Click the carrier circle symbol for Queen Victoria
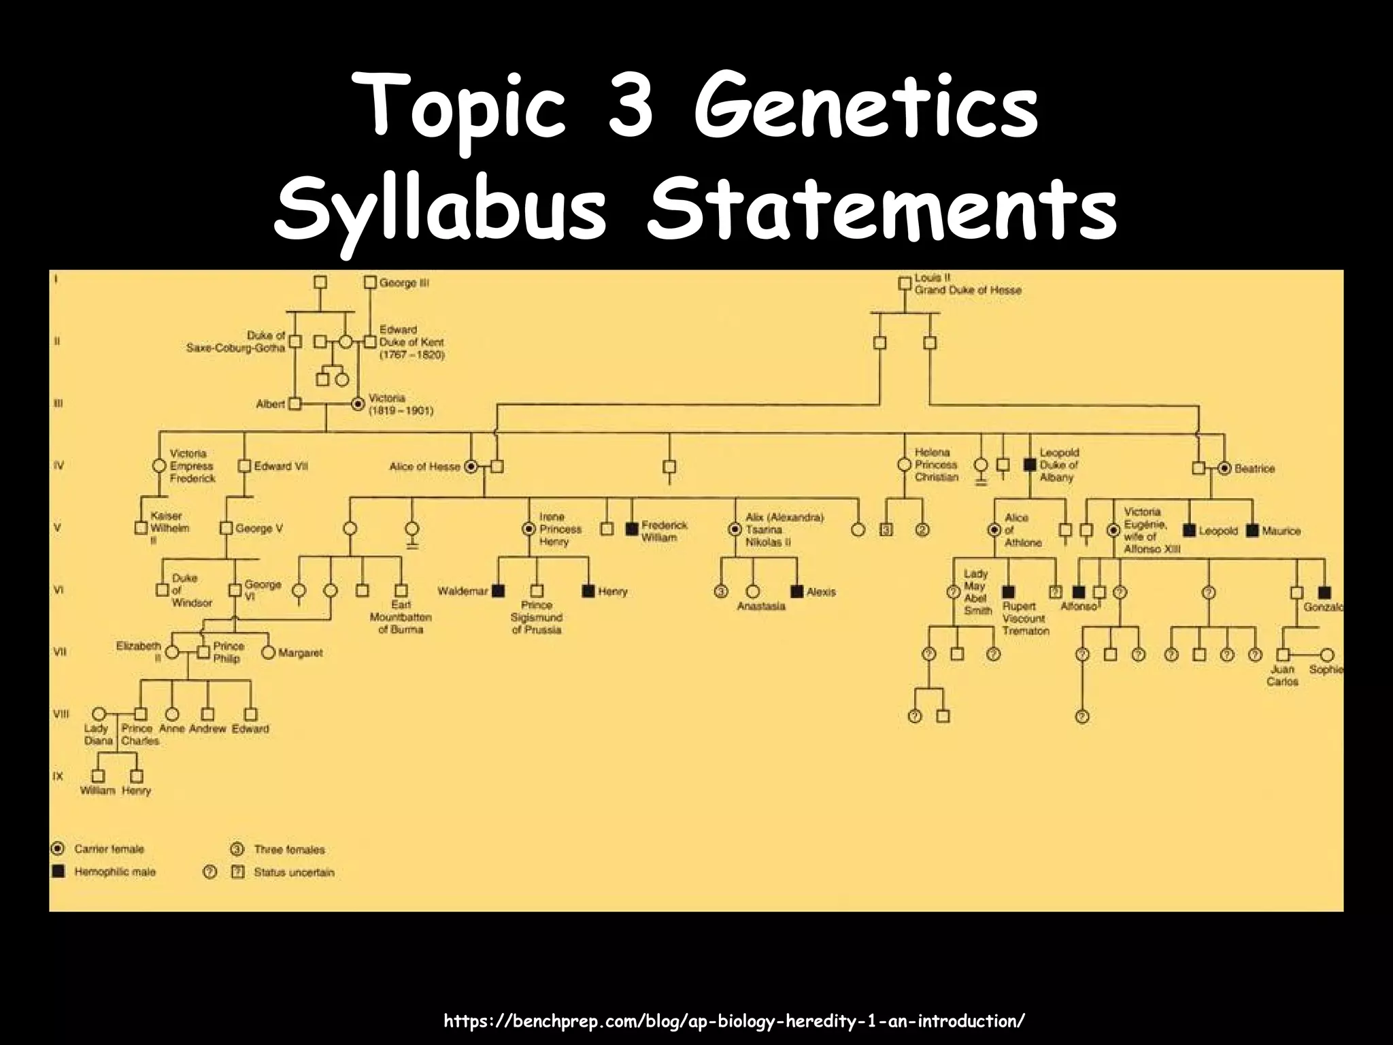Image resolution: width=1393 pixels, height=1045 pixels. (358, 404)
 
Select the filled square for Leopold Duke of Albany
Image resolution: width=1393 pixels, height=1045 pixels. (1030, 465)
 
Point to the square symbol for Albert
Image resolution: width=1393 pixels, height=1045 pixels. (295, 404)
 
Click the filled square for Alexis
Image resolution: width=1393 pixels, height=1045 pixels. (797, 591)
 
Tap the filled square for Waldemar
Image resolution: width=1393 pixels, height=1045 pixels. (499, 591)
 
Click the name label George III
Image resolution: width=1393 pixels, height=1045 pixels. (404, 282)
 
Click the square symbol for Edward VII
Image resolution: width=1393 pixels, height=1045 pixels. (245, 466)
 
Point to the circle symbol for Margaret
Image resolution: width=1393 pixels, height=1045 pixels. (268, 652)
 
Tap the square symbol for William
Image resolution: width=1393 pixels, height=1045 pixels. (98, 776)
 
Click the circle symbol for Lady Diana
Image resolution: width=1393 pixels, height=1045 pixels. (99, 714)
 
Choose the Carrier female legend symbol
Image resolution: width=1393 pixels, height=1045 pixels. (58, 848)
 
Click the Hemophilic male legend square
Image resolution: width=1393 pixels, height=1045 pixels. (58, 872)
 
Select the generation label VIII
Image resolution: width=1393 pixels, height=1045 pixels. (61, 714)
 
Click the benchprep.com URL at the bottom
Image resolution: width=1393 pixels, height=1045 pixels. (734, 1021)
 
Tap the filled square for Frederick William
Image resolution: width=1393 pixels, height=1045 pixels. (631, 528)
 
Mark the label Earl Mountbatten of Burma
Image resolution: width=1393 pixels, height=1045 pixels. (401, 617)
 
